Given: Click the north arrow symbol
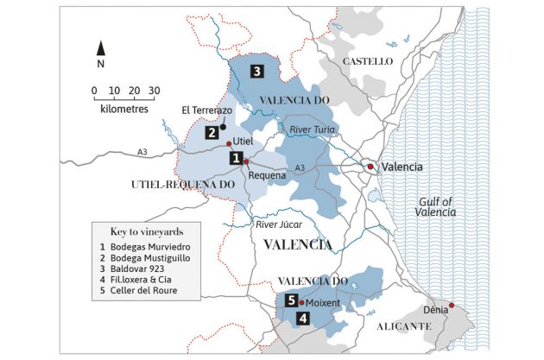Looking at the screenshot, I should (101, 48).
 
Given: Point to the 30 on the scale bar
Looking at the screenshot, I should (154, 91).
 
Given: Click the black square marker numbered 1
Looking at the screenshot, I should (234, 158).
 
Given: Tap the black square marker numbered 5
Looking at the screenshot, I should (292, 300).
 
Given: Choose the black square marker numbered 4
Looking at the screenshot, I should (301, 318).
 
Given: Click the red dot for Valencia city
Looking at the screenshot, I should (370, 166).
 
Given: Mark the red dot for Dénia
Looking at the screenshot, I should (451, 305).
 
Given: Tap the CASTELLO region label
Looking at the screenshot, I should (368, 62).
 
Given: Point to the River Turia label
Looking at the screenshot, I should (312, 129).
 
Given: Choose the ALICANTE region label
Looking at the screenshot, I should (403, 325).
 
